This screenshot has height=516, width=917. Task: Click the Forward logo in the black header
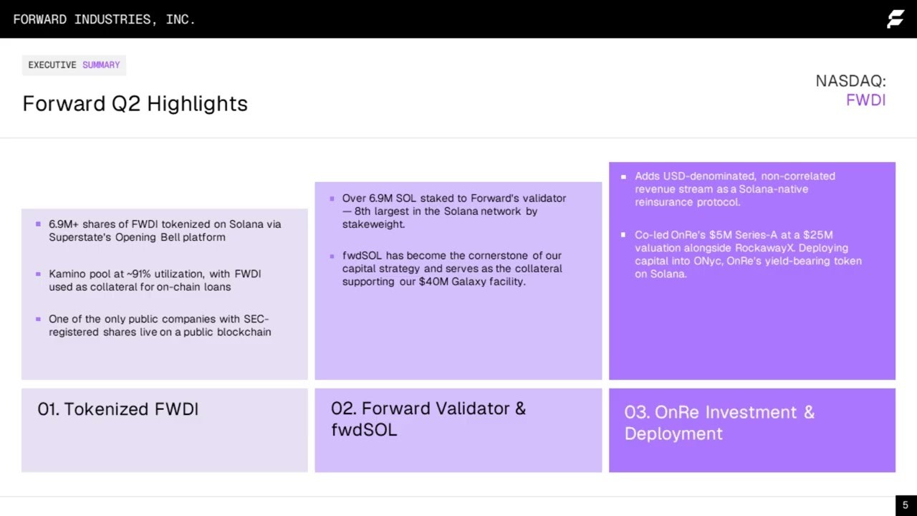pos(896,19)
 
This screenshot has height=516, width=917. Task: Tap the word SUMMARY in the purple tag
pos(101,65)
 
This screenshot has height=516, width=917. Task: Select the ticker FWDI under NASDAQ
pos(866,100)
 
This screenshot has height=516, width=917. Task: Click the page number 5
pos(905,505)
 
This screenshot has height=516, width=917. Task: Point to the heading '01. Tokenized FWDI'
pos(118,409)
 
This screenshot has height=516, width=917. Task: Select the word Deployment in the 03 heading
pos(673,434)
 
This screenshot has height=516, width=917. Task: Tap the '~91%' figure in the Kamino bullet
pos(138,274)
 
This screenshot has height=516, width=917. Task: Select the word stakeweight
pos(373,224)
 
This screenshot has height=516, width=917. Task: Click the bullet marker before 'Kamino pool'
pos(38,274)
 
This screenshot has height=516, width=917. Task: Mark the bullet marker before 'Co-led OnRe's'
pos(623,234)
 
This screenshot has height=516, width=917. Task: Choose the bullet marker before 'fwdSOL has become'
pos(332,257)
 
